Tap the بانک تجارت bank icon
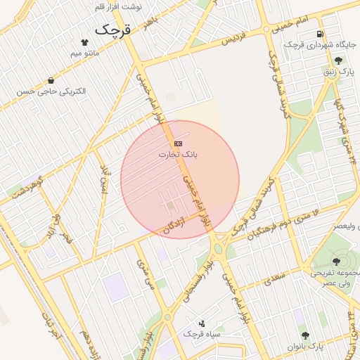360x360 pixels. click(x=178, y=143)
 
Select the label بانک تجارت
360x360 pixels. click(x=178, y=154)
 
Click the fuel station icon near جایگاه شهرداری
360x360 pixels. click(x=321, y=34)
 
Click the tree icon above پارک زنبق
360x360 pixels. click(x=340, y=60)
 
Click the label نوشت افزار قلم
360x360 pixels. click(x=117, y=6)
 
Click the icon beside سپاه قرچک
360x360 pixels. click(x=203, y=323)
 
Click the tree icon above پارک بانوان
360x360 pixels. click(x=304, y=335)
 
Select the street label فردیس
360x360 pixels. click(x=236, y=37)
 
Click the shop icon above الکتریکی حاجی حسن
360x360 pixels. click(x=51, y=80)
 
